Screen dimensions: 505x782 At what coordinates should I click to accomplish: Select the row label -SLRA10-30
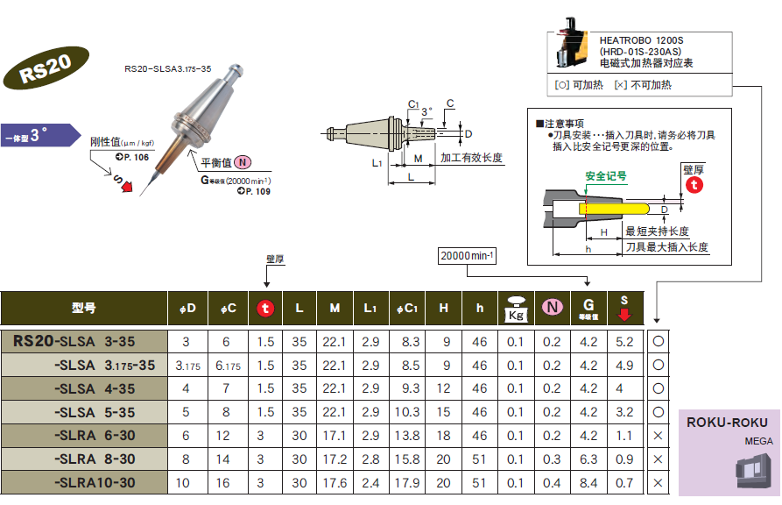[95, 483]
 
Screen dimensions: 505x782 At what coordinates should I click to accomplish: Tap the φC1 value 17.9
[409, 483]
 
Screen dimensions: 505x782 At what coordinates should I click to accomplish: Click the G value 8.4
[588, 483]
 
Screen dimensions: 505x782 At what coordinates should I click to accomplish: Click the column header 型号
[84, 309]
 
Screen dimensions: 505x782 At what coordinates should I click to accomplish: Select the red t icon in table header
[264, 309]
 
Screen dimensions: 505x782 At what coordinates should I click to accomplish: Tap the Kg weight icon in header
[515, 309]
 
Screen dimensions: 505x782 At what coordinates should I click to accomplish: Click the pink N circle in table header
[552, 308]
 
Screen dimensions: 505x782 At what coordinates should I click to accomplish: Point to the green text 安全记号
[606, 176]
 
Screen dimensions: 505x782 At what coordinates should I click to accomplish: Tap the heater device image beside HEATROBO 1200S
[570, 47]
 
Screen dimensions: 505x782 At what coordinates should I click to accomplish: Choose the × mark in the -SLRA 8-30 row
[658, 459]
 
